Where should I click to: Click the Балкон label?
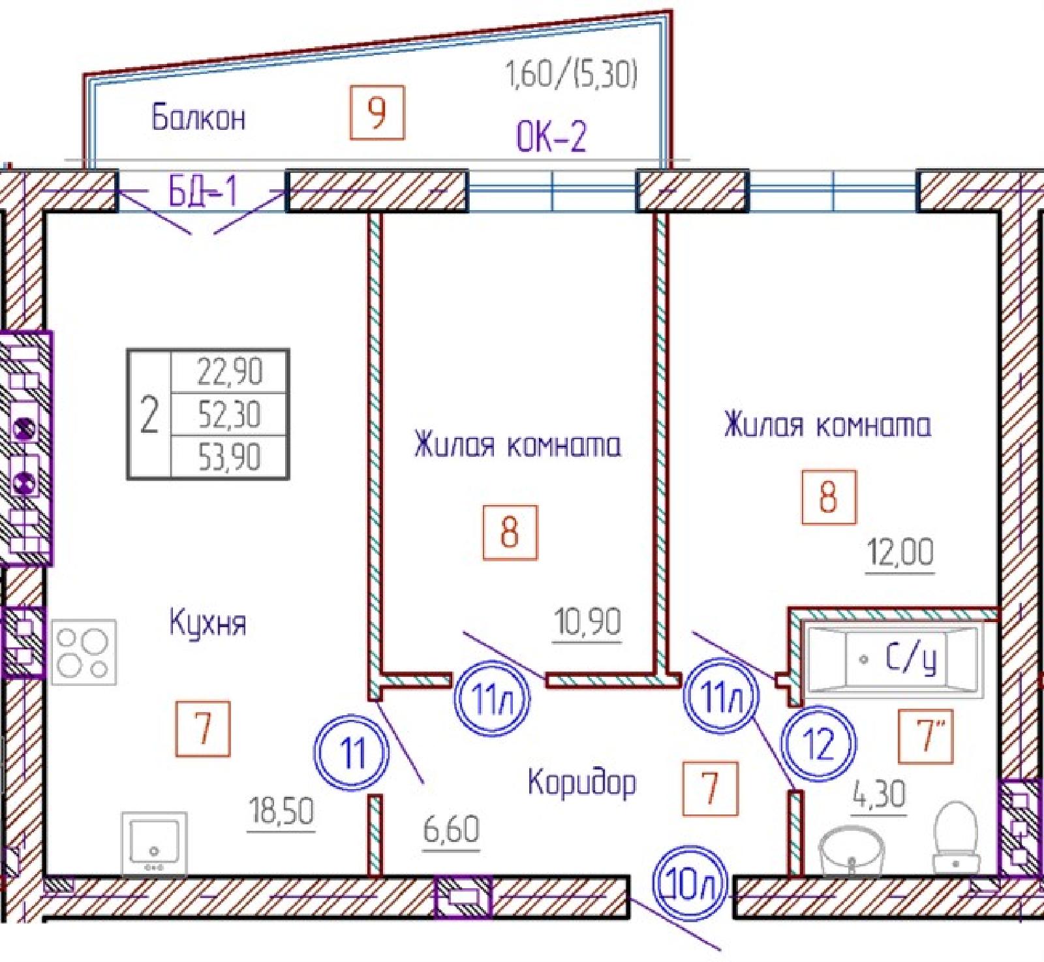point(198,117)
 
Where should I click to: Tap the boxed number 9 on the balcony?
point(377,112)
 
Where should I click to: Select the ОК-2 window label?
point(551,136)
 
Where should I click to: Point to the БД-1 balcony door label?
point(202,191)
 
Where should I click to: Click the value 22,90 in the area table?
point(230,372)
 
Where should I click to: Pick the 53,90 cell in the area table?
point(230,457)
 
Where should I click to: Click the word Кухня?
point(208,623)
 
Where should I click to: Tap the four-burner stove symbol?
point(84,651)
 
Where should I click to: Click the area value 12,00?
point(900,552)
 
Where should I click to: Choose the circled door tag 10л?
point(693,884)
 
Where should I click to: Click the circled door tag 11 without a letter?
point(352,754)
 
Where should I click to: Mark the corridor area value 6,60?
point(452,830)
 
